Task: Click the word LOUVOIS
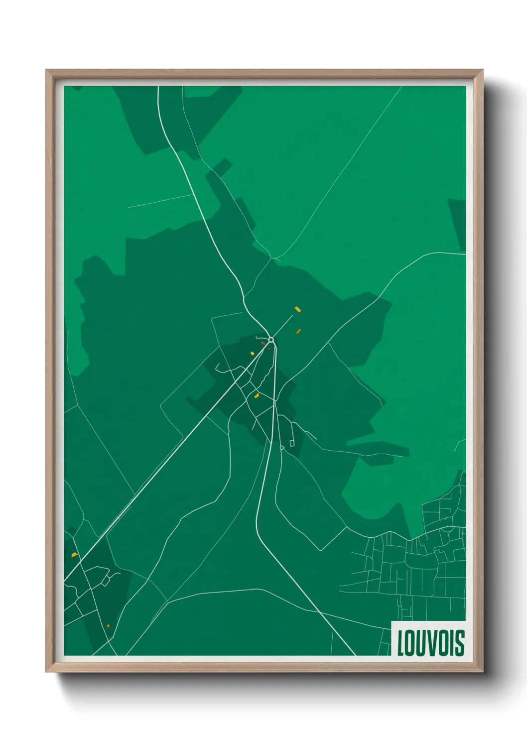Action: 430,643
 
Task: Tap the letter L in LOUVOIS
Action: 400,643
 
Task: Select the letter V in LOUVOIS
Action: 429,643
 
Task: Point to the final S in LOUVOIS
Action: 459,643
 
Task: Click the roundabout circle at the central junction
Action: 271,340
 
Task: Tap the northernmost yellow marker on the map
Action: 298,309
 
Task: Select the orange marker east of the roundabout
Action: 298,331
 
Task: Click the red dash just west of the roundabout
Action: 263,343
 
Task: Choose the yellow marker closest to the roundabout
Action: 253,354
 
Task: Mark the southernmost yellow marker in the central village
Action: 257,396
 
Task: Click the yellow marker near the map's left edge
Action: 74,555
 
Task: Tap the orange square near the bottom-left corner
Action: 108,626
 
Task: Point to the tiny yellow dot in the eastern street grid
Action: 445,519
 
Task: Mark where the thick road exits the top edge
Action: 158,87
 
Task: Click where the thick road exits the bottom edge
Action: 354,654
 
